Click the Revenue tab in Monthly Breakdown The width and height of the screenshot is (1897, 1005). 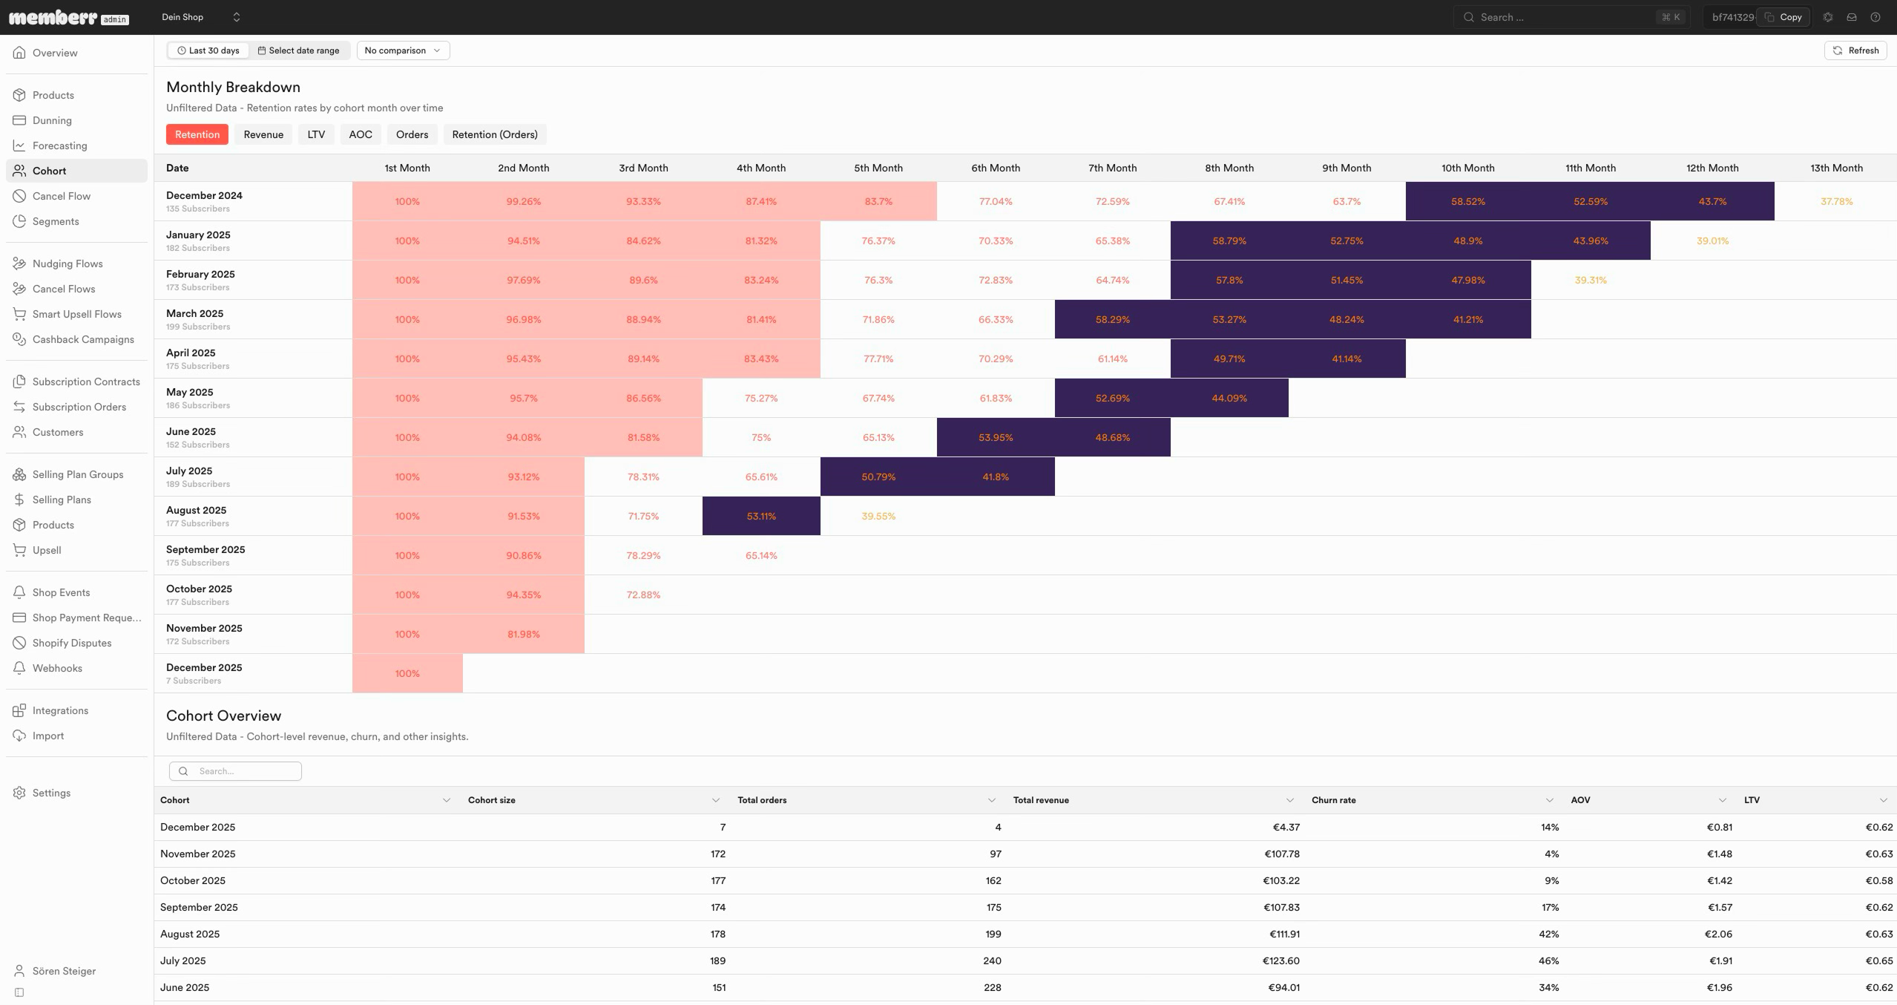(x=263, y=134)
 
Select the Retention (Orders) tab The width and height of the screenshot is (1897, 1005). (x=495, y=134)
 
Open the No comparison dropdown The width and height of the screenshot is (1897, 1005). (x=403, y=50)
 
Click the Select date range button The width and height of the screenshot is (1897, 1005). (x=299, y=50)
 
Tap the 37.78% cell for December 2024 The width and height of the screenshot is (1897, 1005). (x=1836, y=201)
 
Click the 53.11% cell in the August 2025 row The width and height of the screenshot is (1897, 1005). (x=761, y=516)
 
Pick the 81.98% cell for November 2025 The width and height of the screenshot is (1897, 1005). (x=523, y=634)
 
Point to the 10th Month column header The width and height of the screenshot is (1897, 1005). (x=1467, y=168)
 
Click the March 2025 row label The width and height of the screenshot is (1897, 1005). (x=194, y=313)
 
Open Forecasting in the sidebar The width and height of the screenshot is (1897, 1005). (x=59, y=145)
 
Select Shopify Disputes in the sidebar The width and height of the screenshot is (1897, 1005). (x=72, y=643)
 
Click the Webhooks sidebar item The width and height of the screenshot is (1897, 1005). (x=57, y=668)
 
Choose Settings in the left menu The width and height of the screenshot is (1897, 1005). (x=51, y=793)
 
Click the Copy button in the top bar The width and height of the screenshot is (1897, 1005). (x=1783, y=17)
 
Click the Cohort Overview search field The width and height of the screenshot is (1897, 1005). (x=235, y=771)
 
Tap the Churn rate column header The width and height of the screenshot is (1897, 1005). (x=1333, y=800)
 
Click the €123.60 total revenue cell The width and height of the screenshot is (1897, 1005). (x=1280, y=960)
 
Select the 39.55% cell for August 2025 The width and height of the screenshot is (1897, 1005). (x=878, y=516)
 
